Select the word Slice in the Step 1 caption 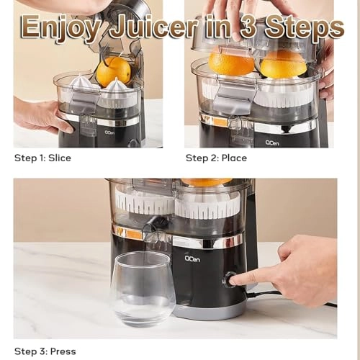click(59, 158)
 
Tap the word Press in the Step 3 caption click(63, 351)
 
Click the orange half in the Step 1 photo click(114, 71)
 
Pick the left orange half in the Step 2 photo click(231, 63)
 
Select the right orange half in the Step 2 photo click(283, 64)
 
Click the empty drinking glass click(142, 288)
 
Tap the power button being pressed click(229, 279)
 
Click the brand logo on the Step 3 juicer click(192, 258)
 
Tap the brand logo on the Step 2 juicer click(272, 142)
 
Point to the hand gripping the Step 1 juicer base click(40, 115)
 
